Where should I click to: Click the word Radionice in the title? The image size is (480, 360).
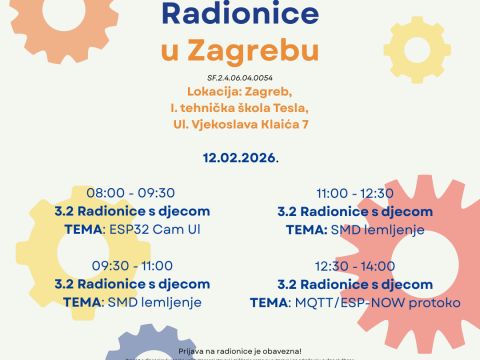[x=239, y=14]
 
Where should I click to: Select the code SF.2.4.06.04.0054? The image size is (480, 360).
[x=240, y=77]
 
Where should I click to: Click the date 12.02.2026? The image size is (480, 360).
[x=239, y=158]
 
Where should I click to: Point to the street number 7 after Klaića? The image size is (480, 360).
[x=316, y=123]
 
